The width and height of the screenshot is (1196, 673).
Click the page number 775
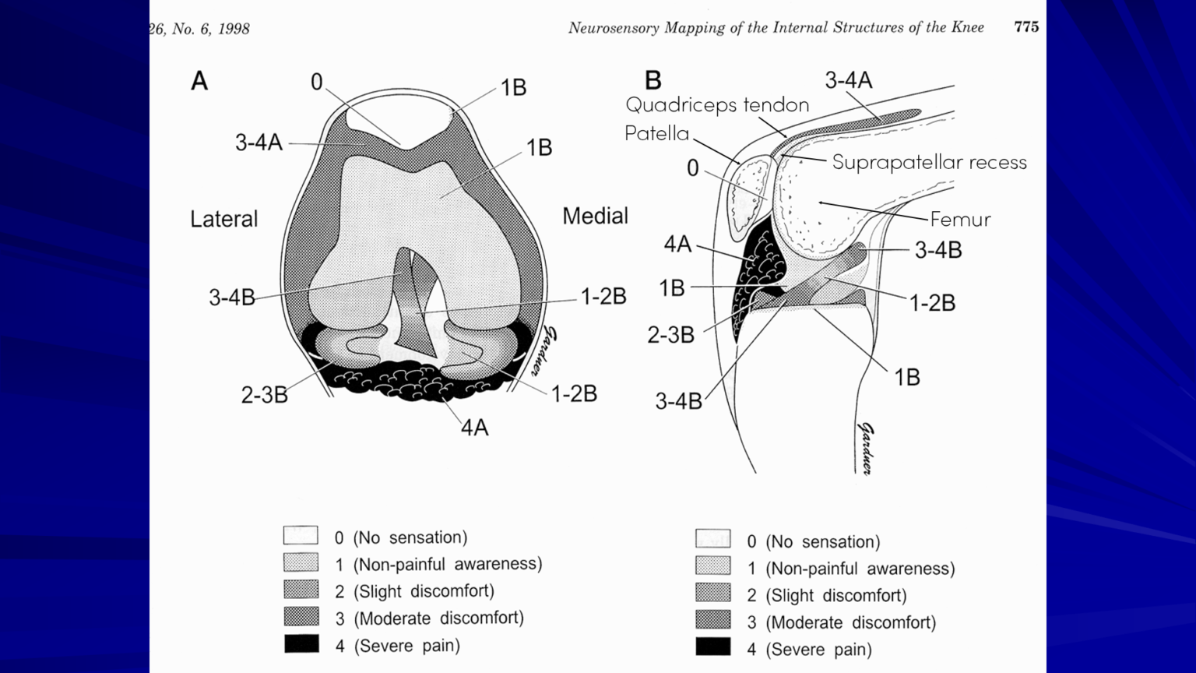pos(1025,27)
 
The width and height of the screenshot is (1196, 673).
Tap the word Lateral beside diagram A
pos(223,219)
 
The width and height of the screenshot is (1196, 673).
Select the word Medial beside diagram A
pos(595,216)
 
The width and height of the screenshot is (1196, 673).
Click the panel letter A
pos(199,81)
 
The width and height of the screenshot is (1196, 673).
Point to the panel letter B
pos(653,80)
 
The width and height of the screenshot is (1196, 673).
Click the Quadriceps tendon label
pos(717,104)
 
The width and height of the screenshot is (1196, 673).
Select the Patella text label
pos(656,133)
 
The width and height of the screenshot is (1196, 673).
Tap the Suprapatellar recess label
pos(929,162)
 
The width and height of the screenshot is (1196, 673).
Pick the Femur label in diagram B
pos(960,219)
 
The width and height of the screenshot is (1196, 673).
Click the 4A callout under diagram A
pos(474,428)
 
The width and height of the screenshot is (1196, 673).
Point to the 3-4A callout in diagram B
pos(848,79)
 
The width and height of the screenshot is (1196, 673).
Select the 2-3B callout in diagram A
pos(264,395)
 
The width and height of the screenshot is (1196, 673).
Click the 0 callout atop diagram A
pos(316,82)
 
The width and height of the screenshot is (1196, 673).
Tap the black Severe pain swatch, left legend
pos(301,644)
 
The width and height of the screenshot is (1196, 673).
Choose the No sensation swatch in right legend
pos(712,539)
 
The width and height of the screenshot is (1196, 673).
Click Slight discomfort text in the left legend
pos(424,591)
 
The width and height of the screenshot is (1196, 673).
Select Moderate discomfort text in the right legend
pos(850,622)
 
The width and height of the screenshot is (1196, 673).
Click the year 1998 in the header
pos(234,30)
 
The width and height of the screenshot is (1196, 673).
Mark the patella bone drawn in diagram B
pos(749,199)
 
